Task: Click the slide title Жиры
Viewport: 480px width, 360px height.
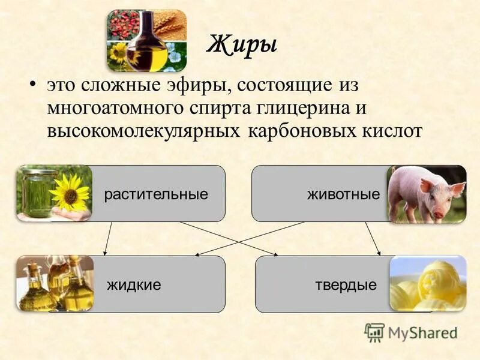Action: pyautogui.click(x=242, y=45)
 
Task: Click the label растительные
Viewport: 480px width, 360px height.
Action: pyautogui.click(x=156, y=194)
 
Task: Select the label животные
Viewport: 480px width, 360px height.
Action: pyautogui.click(x=343, y=194)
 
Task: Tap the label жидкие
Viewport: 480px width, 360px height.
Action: pyautogui.click(x=134, y=285)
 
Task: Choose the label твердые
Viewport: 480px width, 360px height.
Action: pyautogui.click(x=346, y=285)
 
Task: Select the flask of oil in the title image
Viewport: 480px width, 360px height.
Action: pyautogui.click(x=146, y=48)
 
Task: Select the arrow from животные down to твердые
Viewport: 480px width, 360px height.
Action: pyautogui.click(x=373, y=238)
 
